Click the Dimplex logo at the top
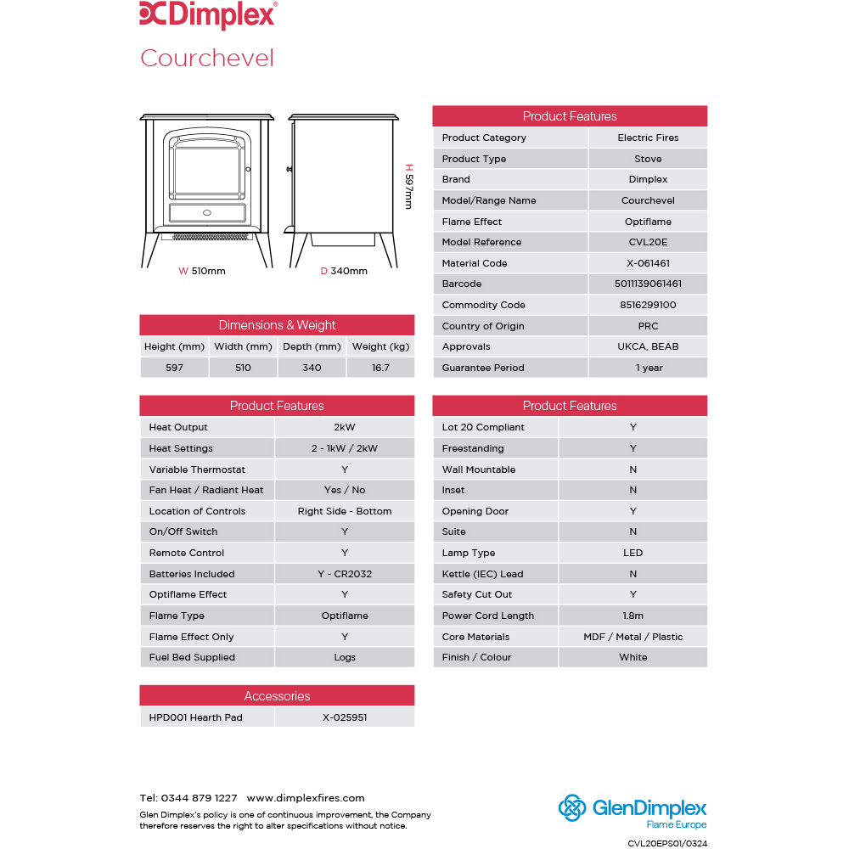click(x=207, y=14)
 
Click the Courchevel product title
click(x=207, y=58)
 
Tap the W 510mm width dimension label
click(x=202, y=272)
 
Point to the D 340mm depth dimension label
click(x=344, y=272)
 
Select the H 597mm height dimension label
click(x=408, y=187)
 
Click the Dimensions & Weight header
click(x=277, y=325)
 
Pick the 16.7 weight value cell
click(x=380, y=368)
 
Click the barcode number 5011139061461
click(x=648, y=284)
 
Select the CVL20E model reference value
click(x=648, y=242)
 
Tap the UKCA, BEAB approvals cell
click(x=648, y=346)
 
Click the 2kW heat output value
click(x=345, y=427)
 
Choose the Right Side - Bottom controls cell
click(x=345, y=511)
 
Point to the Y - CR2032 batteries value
click(x=345, y=574)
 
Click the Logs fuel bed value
click(x=345, y=657)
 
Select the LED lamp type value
click(x=633, y=553)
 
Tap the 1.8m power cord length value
click(x=633, y=616)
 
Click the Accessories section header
click(x=277, y=696)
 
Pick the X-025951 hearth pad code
click(x=345, y=717)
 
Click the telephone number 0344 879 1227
click(x=200, y=798)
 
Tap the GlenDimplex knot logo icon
click(x=573, y=808)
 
